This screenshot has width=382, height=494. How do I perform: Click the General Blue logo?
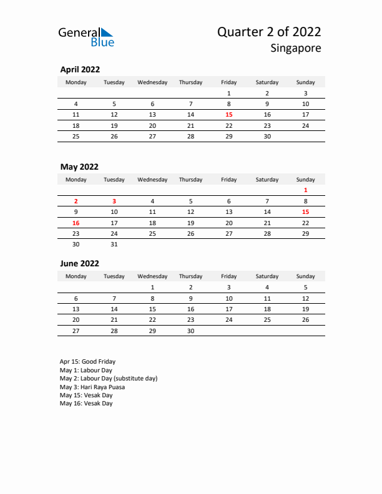(86, 37)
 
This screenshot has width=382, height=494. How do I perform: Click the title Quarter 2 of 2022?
(269, 32)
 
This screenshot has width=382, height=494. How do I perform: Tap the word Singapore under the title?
(296, 49)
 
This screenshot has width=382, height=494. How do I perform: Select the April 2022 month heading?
(80, 70)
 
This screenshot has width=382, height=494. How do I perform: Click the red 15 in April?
(229, 115)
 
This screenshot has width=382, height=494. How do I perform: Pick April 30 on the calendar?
(267, 136)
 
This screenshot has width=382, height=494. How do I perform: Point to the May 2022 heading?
(79, 167)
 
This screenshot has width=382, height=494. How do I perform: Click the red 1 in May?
(305, 190)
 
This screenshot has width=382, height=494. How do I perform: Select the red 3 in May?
(114, 201)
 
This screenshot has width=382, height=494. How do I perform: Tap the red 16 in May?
(76, 223)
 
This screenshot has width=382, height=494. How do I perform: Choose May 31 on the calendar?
(114, 245)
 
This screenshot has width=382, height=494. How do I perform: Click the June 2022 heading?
(80, 263)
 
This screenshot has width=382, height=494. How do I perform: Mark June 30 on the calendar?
(190, 331)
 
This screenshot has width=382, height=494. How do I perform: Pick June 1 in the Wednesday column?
(152, 288)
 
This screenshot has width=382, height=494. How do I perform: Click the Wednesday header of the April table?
(152, 82)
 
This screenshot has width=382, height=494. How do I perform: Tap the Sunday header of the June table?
(305, 276)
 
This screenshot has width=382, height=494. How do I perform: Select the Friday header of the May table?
(229, 180)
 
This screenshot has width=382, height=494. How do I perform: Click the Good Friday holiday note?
(87, 362)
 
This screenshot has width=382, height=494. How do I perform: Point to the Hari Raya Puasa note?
(92, 387)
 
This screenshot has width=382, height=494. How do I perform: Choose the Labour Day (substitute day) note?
(109, 379)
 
